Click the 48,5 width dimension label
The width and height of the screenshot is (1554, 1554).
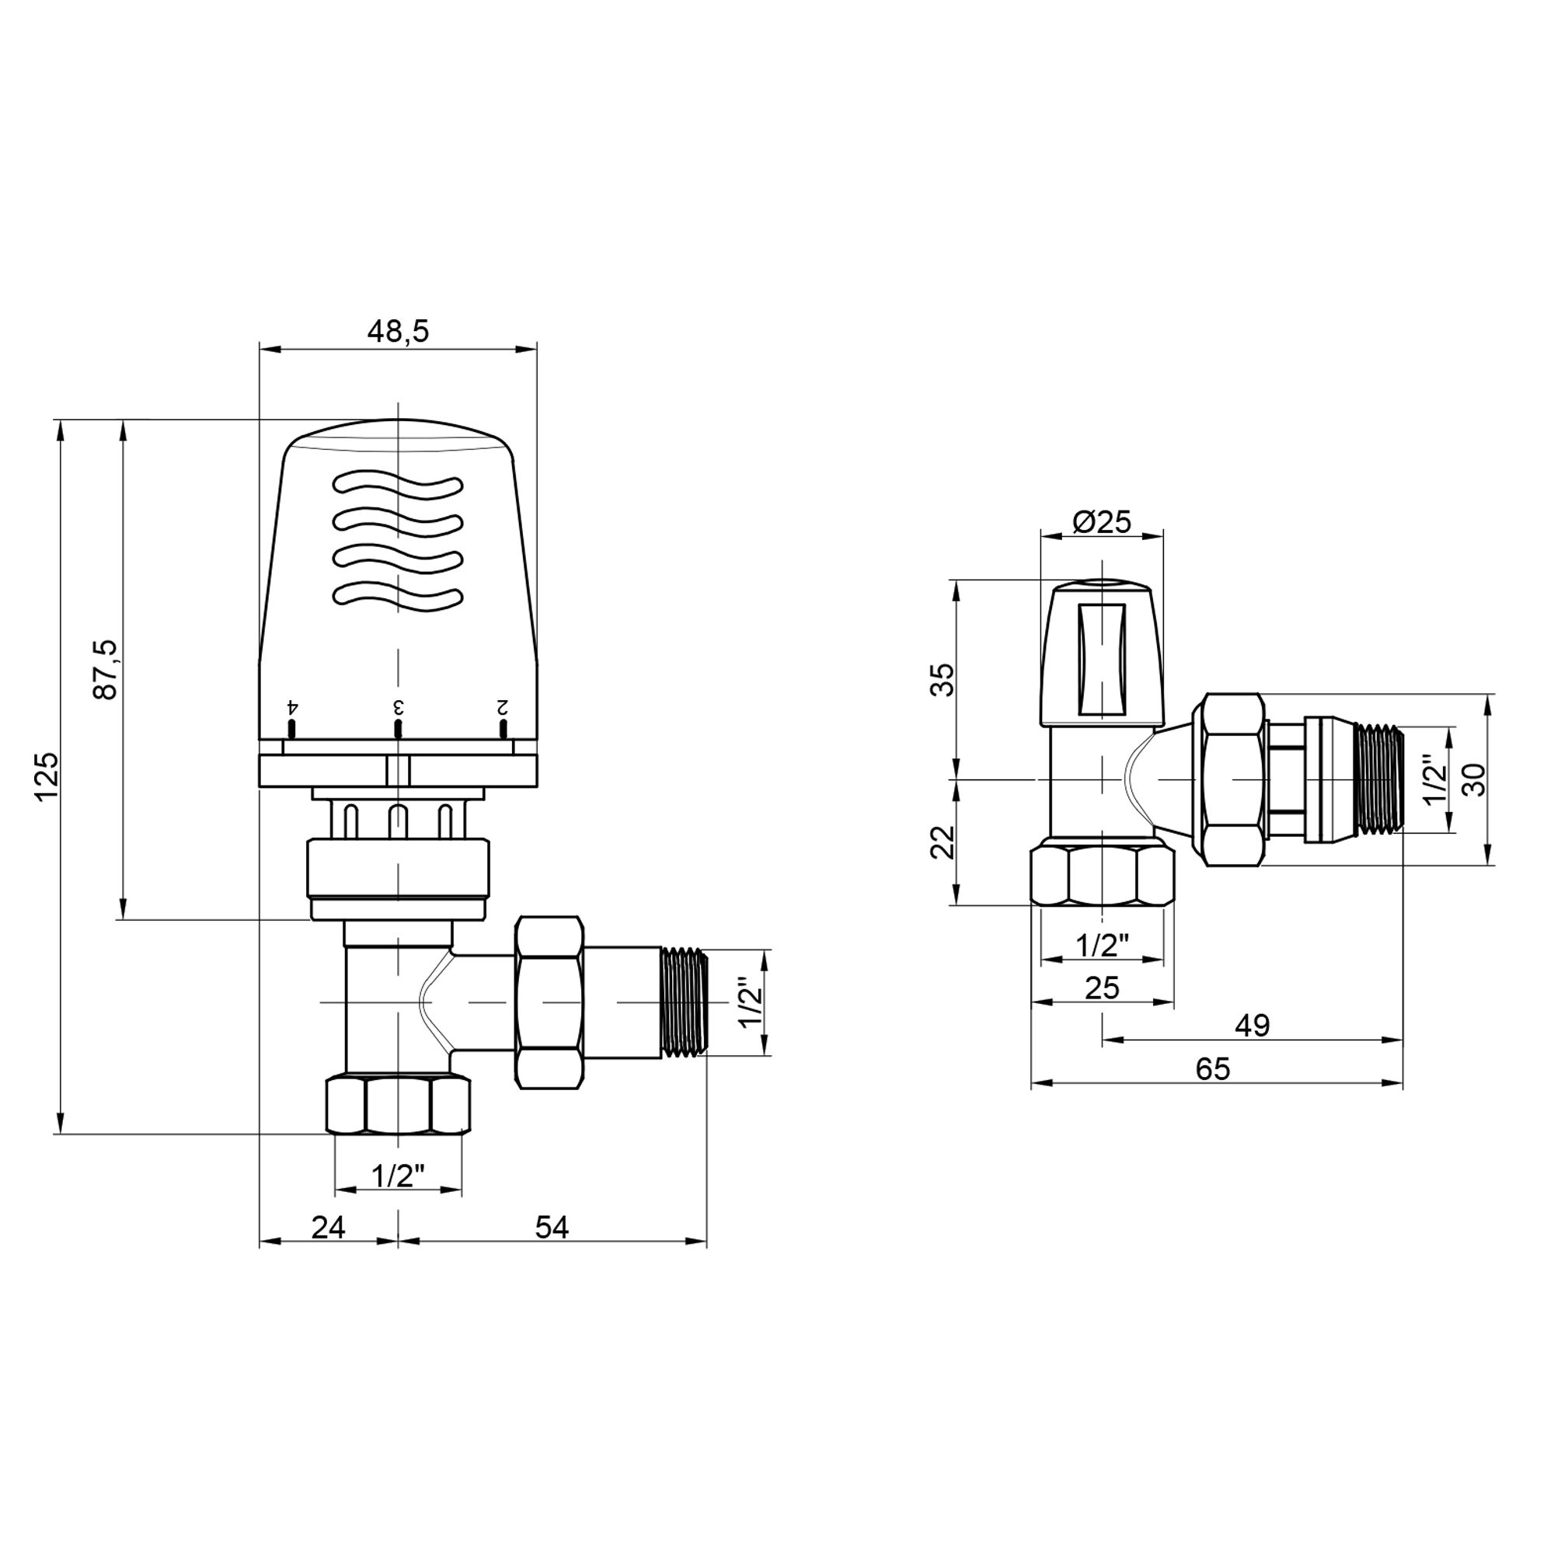398,330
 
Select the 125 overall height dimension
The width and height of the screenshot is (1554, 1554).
47,775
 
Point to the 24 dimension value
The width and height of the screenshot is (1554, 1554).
328,1228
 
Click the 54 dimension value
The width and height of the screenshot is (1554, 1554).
552,1228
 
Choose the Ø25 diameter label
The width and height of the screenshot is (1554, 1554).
1102,523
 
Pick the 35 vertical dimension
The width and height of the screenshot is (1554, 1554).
944,680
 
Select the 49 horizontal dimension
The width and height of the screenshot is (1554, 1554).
1253,1026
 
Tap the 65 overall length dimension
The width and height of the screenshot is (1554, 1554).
1213,1069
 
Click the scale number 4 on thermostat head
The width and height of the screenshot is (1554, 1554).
293,708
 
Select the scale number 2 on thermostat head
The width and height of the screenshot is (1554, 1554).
502,708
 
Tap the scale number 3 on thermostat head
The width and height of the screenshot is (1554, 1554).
397,708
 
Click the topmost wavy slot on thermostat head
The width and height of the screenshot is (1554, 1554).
398,485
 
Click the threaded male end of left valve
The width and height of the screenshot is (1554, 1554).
684,1002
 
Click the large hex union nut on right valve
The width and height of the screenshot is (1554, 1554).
1232,779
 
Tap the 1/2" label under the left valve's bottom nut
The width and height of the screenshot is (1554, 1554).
398,1176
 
